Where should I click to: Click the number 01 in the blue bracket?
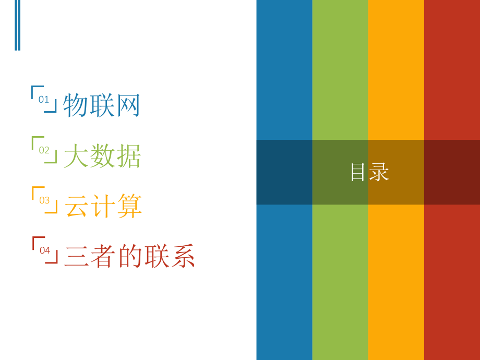[x=44, y=99]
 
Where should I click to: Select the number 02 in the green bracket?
[x=44, y=150]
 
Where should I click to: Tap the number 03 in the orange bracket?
[x=44, y=200]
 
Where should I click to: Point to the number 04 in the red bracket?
[x=45, y=250]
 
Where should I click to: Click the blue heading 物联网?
[x=102, y=105]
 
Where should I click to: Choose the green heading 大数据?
[x=102, y=156]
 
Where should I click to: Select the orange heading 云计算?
[x=103, y=206]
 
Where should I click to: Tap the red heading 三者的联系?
[x=129, y=256]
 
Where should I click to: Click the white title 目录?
[x=369, y=172]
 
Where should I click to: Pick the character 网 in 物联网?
[x=128, y=105]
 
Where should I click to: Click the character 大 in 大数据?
[x=76, y=156]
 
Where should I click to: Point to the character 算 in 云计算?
[x=129, y=206]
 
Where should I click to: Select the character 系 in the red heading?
[x=183, y=256]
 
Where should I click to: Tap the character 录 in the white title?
[x=379, y=172]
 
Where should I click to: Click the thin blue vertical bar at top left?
[x=17, y=25]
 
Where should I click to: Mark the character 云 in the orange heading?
[x=76, y=206]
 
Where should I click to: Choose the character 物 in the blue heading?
[x=76, y=105]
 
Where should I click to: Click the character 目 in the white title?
[x=358, y=172]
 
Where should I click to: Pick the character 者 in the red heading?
[x=103, y=256]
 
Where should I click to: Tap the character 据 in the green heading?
[x=129, y=156]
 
